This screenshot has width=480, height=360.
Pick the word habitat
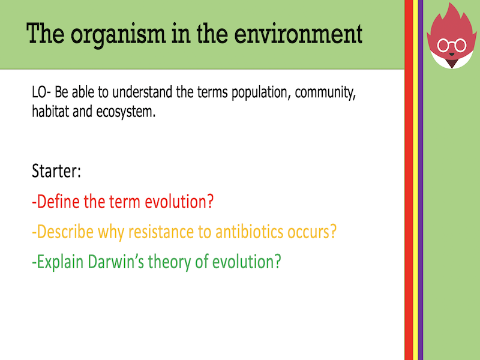coord(51,112)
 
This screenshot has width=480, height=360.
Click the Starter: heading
coord(56,172)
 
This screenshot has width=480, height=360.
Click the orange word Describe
coord(65,232)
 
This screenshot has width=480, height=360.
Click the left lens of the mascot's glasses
coord(445,45)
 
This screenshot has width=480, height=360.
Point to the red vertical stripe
coord(408,210)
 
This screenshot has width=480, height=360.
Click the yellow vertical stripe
coord(415,210)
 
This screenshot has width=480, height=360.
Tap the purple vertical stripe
coord(420,210)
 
